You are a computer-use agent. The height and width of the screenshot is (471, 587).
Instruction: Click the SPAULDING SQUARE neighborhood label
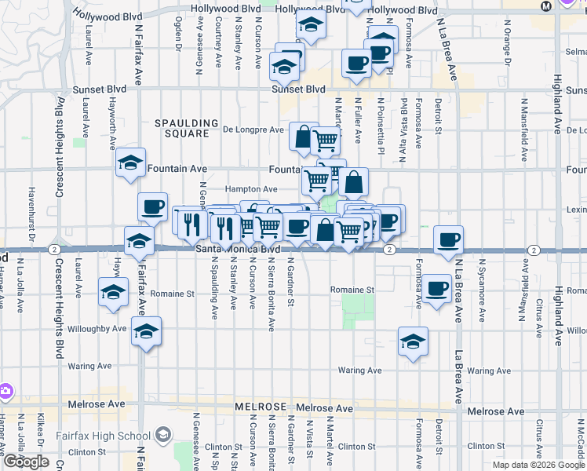tap(186, 129)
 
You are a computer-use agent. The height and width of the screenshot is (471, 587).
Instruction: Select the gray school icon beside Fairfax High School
tap(163, 434)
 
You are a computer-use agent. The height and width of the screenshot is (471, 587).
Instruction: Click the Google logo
tap(26, 462)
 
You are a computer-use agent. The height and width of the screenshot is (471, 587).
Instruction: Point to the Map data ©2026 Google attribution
tap(538, 465)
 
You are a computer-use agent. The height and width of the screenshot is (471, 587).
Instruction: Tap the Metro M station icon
tap(547, 5)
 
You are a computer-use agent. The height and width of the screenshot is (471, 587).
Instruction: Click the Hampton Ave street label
tap(251, 189)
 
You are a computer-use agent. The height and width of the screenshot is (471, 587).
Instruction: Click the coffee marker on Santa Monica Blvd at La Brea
tap(448, 239)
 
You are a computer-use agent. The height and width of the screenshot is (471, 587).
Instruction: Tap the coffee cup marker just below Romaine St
tap(439, 288)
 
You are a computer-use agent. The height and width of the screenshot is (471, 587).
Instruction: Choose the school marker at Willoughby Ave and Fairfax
tap(146, 331)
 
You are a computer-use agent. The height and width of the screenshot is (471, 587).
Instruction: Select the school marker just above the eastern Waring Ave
tap(413, 341)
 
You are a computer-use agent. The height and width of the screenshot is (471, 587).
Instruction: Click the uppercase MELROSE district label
tap(260, 407)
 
